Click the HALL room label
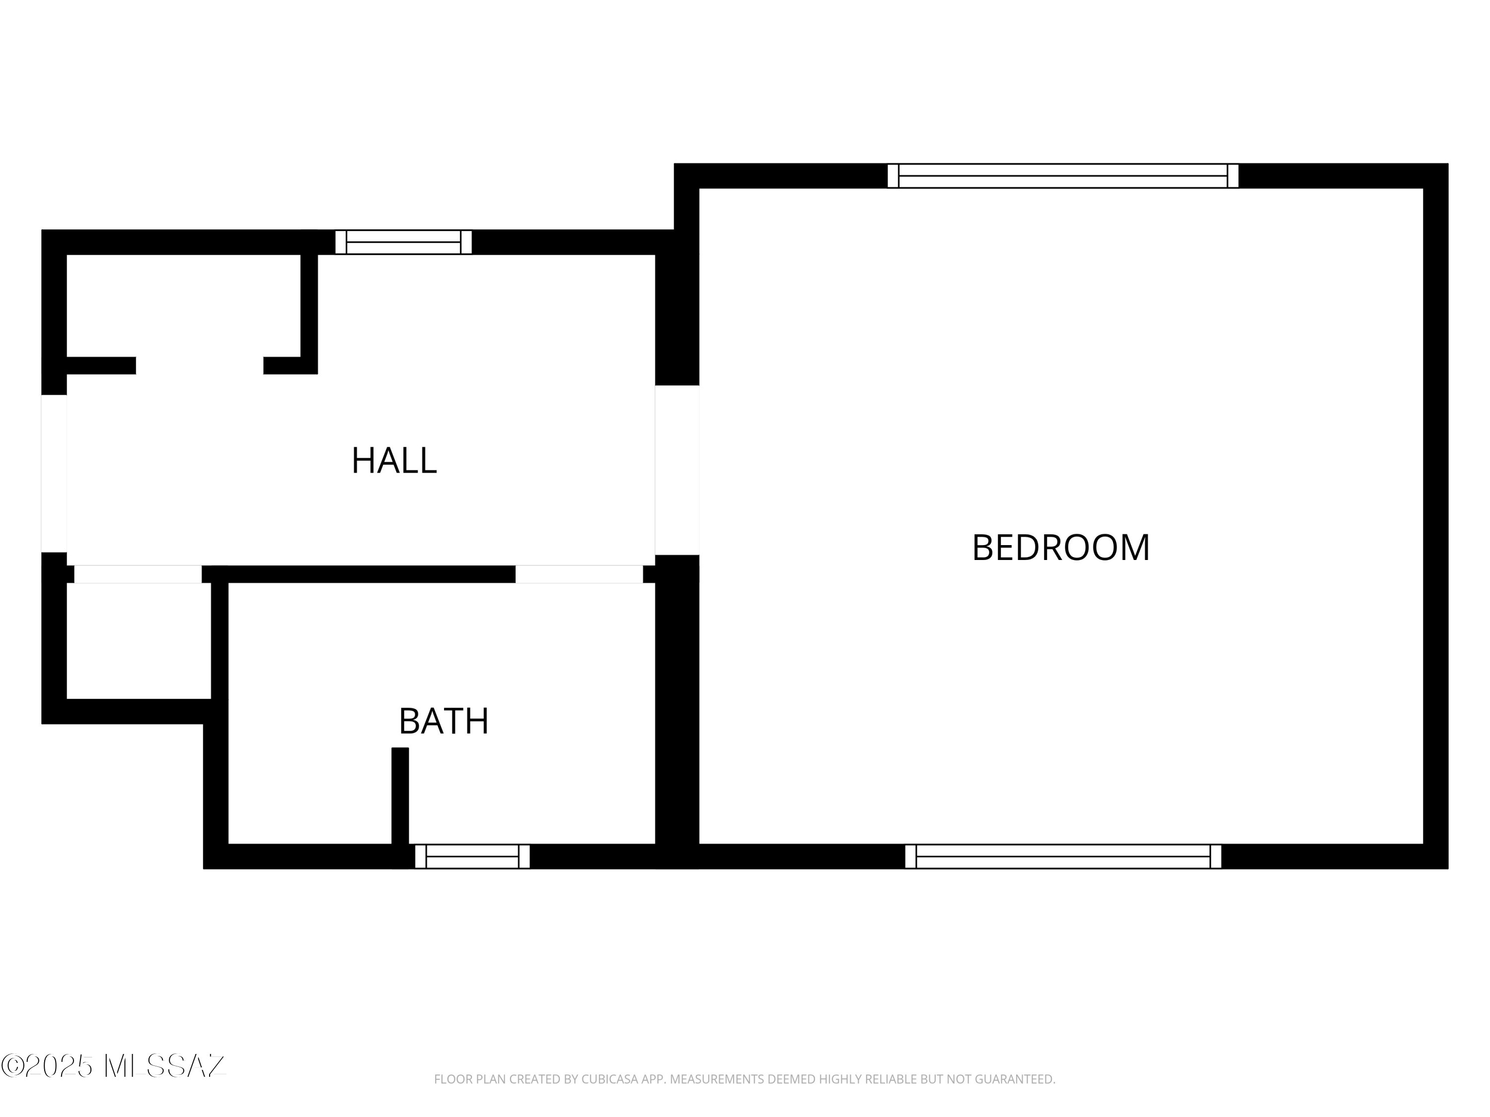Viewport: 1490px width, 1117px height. tap(394, 461)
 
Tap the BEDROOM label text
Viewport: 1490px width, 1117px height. tap(1061, 548)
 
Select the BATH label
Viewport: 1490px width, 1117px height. tap(444, 721)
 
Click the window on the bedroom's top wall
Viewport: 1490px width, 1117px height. tap(1062, 176)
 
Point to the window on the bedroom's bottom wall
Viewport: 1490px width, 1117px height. tap(1063, 856)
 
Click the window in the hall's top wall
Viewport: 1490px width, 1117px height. tap(403, 242)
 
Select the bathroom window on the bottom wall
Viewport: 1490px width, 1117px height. tap(472, 856)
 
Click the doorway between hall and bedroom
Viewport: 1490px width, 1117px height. tap(677, 470)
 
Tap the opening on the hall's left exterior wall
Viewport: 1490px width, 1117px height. tap(54, 473)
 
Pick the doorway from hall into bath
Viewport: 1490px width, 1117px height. tap(579, 574)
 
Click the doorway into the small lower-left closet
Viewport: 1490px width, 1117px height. tap(138, 574)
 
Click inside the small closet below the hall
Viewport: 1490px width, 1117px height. tap(139, 641)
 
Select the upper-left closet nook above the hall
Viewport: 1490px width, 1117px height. tap(183, 306)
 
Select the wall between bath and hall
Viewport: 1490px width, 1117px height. tap(359, 574)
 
